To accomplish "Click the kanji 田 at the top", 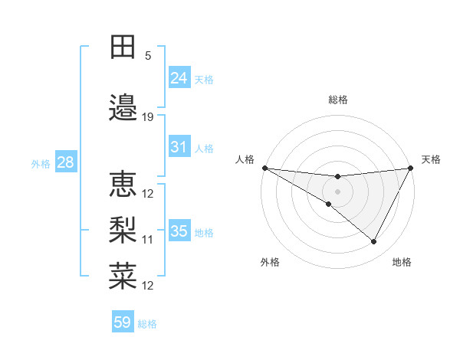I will click(x=123, y=47).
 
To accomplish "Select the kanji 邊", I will click(x=123, y=108).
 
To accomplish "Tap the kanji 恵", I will click(x=123, y=184).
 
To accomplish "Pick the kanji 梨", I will click(x=123, y=229).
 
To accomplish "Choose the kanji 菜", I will click(x=123, y=275).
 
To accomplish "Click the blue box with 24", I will click(x=179, y=78).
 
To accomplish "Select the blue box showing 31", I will click(x=179, y=147).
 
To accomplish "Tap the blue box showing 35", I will click(x=179, y=231).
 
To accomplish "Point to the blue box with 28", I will click(x=65, y=162).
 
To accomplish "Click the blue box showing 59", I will click(x=123, y=322).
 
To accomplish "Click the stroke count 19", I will click(x=148, y=117).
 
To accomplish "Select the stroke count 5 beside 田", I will click(x=148, y=56).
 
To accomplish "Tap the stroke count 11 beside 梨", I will click(x=148, y=239).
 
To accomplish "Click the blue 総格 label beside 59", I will click(x=147, y=324).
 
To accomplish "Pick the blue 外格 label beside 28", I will click(x=41, y=163).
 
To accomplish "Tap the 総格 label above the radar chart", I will click(x=337, y=100).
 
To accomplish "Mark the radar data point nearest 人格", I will click(x=264, y=168).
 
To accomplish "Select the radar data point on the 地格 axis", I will click(x=374, y=242).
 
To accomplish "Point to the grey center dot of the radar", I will click(x=337, y=191).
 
